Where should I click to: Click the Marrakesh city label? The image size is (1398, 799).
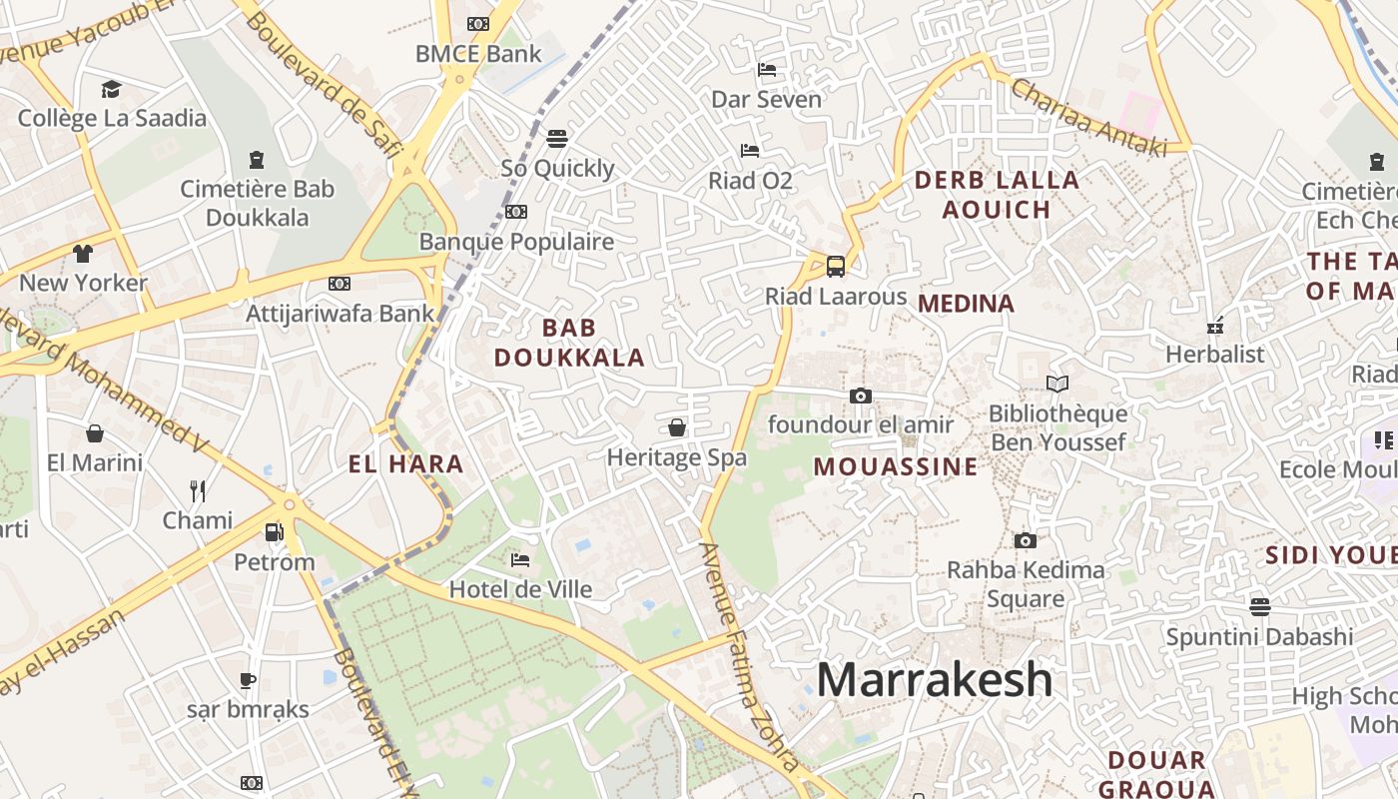click(x=935, y=679)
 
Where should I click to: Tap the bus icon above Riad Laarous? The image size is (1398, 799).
click(x=836, y=267)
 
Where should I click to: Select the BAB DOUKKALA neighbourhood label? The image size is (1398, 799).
click(x=569, y=343)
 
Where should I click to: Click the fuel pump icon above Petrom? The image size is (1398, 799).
click(x=275, y=532)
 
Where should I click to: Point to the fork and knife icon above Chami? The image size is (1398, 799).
click(x=198, y=490)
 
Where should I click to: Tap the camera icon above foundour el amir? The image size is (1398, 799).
click(x=860, y=396)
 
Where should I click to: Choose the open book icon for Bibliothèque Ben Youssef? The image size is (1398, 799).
click(x=1056, y=384)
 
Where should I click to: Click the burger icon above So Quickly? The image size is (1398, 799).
click(x=557, y=138)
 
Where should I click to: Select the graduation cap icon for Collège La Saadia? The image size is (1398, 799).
click(x=111, y=89)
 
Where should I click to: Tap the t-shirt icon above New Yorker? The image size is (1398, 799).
click(x=83, y=253)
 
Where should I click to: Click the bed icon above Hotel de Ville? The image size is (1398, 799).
click(x=520, y=559)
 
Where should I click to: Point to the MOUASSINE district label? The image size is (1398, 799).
click(x=896, y=466)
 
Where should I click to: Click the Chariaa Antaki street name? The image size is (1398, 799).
click(x=1088, y=117)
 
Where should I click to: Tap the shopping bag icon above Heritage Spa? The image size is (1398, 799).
click(x=677, y=427)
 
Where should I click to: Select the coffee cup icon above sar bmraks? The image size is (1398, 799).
click(x=248, y=680)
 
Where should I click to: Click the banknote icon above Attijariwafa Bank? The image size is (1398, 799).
click(x=340, y=284)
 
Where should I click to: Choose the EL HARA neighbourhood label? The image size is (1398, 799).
click(x=406, y=463)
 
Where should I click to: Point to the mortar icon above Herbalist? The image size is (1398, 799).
click(x=1215, y=325)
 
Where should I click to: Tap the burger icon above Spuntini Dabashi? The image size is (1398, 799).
click(x=1259, y=606)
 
